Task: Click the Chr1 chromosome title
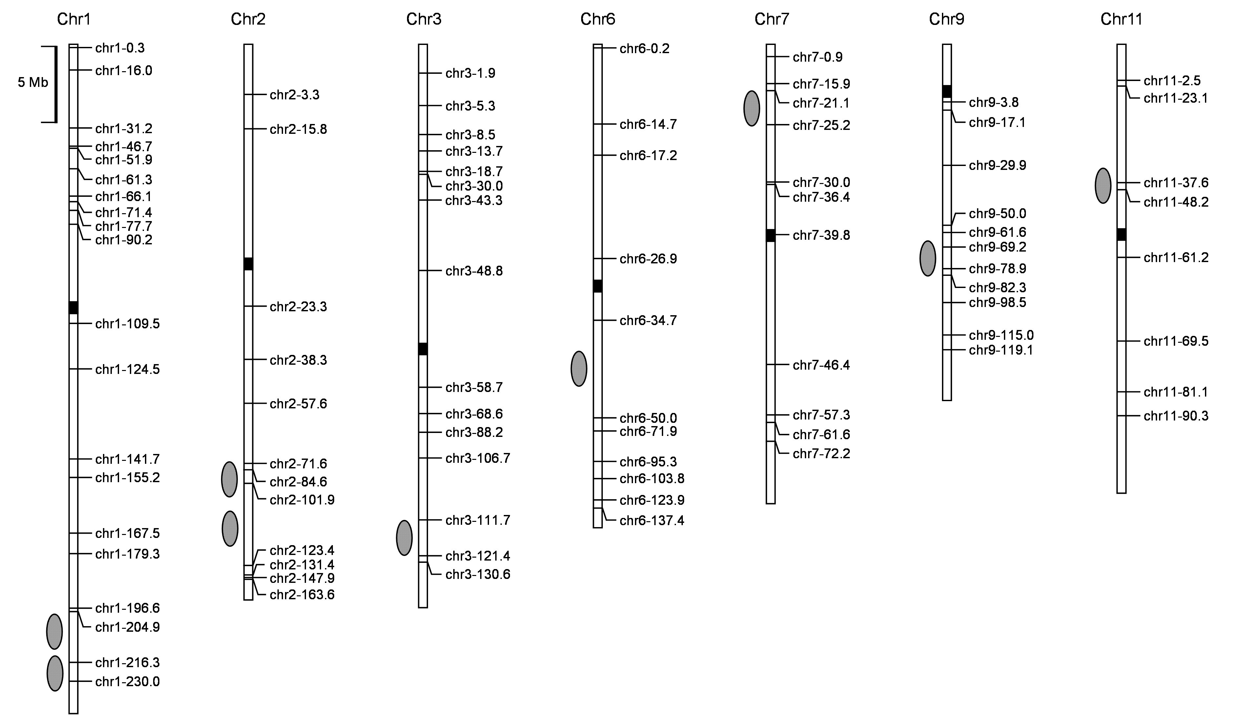pos(74,19)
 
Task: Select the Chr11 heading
pos(1121,19)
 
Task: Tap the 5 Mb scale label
pos(33,82)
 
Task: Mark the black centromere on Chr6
pos(598,286)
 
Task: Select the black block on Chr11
pos(1121,235)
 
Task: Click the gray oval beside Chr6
pos(579,369)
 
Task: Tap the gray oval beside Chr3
pos(404,538)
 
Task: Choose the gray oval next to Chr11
pos(1103,185)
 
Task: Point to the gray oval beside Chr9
pos(928,258)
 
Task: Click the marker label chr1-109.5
pos(128,324)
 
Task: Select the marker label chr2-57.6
pos(298,404)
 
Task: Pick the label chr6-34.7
pos(648,320)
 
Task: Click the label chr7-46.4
pos(822,365)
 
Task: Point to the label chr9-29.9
pos(997,165)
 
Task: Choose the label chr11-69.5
pos(1176,341)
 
